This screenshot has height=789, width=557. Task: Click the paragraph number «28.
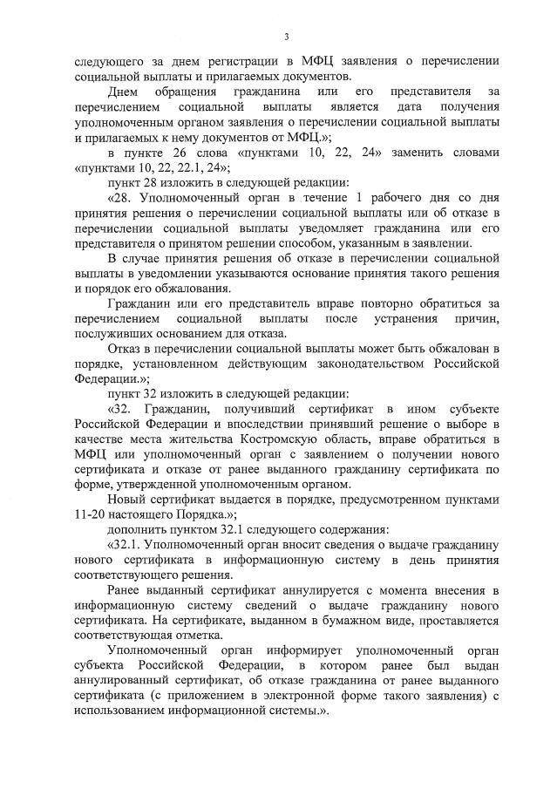click(122, 199)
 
